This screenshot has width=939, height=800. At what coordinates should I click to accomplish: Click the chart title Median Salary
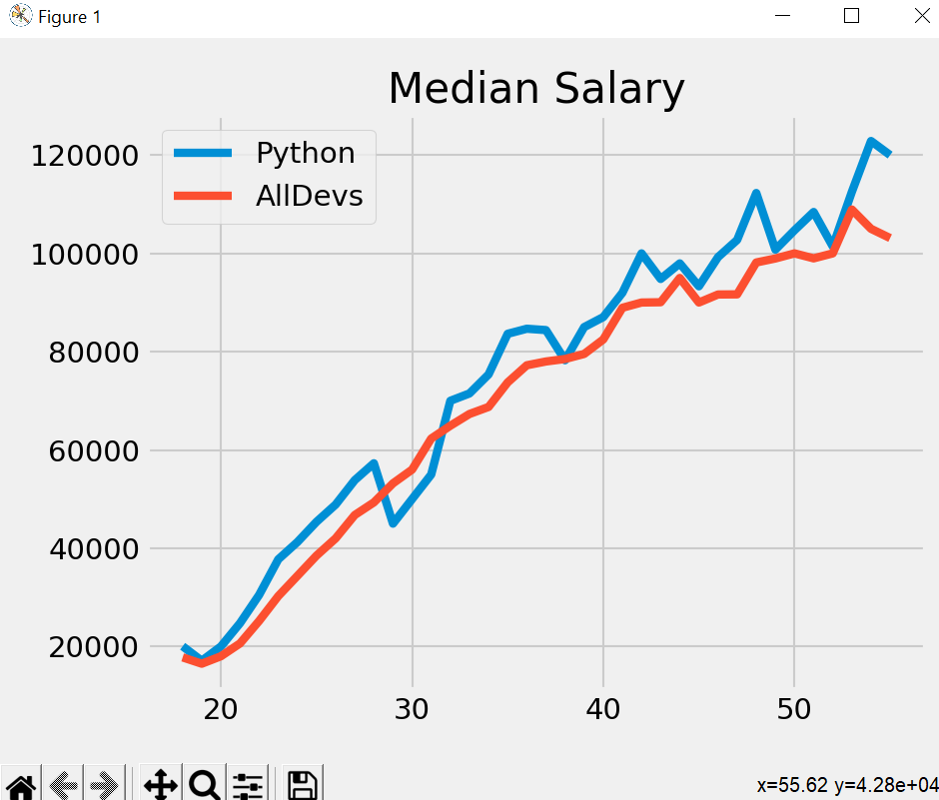536,89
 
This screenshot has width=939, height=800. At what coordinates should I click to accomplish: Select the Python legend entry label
305,153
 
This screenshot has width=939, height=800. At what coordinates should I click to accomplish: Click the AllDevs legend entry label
309,197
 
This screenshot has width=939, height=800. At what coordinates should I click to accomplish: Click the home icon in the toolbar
21,784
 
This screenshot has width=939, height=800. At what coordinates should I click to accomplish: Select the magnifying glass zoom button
205,784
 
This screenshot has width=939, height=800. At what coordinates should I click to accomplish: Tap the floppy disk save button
302,784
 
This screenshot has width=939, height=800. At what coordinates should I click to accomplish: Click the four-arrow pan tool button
160,784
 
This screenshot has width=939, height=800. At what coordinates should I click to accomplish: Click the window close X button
922,16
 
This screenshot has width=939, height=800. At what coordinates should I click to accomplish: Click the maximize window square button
851,16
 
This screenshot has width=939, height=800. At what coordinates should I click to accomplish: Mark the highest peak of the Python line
871,141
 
